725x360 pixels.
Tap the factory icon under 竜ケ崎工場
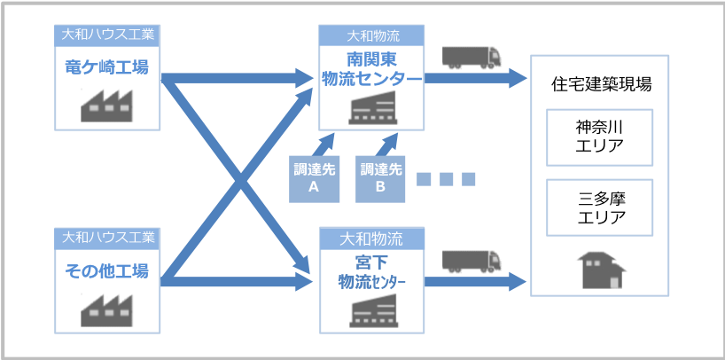coord(107,105)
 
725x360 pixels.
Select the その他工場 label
coord(106,270)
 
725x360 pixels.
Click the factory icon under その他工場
coord(107,307)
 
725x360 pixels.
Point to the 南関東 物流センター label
coord(371,70)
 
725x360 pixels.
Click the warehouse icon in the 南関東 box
coord(371,107)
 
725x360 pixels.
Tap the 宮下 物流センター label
coord(371,273)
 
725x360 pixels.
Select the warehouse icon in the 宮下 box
coord(371,309)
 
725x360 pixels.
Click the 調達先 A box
coord(314,178)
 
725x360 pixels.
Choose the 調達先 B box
coord(381,178)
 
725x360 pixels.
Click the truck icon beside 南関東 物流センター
coord(472,58)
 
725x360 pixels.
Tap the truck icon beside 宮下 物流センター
coord(472,261)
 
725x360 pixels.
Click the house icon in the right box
coord(599,270)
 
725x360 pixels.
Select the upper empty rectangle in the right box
coord(599,137)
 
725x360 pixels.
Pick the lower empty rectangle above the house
coord(599,206)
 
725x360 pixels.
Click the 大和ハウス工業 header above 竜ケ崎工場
coord(106,35)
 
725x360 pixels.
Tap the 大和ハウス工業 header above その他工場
coord(106,238)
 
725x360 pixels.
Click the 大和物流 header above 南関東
coord(371,36)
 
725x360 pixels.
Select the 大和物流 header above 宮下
coord(371,239)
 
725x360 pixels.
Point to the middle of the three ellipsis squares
coord(447,179)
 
